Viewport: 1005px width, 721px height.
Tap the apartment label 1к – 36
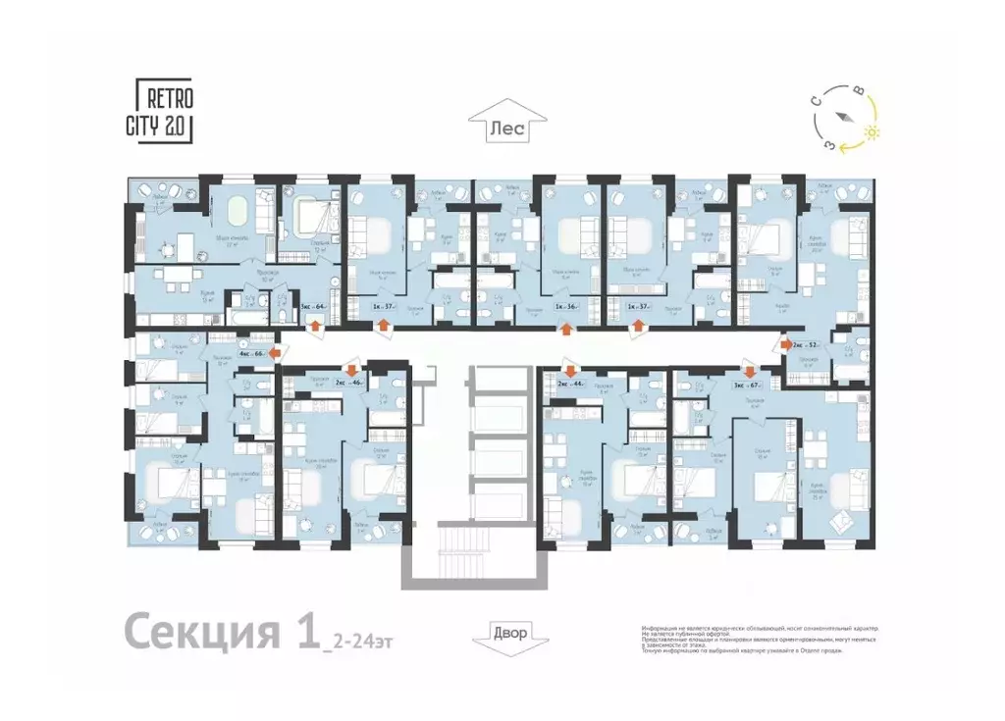tap(564, 306)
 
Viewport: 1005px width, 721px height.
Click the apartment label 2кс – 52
tap(808, 344)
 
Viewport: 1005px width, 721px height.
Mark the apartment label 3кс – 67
tap(747, 385)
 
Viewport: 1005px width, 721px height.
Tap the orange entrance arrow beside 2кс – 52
tap(785, 344)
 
